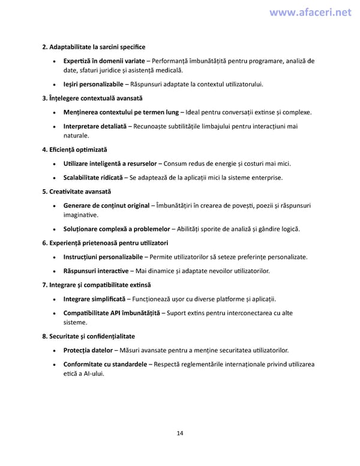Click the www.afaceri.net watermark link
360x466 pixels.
(x=311, y=13)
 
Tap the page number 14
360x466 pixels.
(x=180, y=433)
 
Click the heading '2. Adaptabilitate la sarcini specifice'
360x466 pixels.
(x=94, y=47)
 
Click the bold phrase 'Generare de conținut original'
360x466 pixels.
(x=106, y=206)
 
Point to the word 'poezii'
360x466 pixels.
(x=267, y=206)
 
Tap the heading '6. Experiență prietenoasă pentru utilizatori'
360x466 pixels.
(x=106, y=243)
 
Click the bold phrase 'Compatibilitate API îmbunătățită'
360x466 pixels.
(x=112, y=313)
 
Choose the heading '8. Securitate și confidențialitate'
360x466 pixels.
(x=89, y=336)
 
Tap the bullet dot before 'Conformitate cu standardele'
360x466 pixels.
(x=55, y=365)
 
